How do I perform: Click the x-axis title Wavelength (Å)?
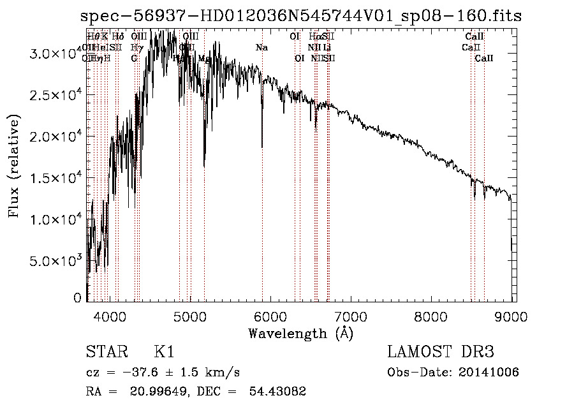(301, 333)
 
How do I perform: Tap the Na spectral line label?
(261, 48)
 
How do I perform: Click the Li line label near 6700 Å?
(327, 48)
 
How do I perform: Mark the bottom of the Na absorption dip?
(261, 147)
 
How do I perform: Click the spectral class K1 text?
(164, 352)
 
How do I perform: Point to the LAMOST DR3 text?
(440, 352)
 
